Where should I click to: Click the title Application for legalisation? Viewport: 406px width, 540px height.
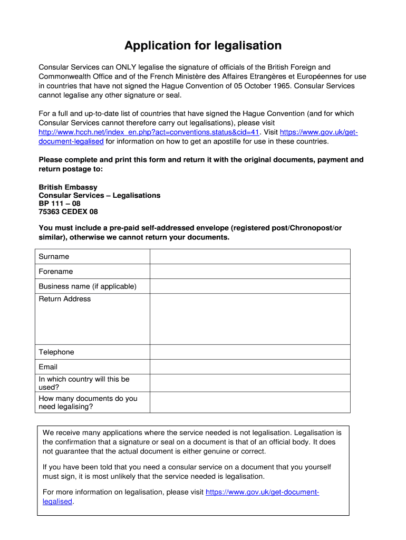(203, 46)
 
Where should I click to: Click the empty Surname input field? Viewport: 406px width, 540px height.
(250, 257)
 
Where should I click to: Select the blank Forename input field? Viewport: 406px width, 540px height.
(250, 272)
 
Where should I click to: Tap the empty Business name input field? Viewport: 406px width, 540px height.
(250, 286)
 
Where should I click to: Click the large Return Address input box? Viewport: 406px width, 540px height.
(250, 319)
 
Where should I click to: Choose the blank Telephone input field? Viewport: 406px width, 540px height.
(250, 352)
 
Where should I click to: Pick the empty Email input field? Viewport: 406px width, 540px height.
(250, 367)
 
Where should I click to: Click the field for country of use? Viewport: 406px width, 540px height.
(250, 383)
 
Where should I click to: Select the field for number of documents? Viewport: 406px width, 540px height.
(250, 402)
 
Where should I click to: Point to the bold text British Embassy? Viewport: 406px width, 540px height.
(68, 187)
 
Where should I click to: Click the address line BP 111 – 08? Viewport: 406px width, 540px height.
(60, 204)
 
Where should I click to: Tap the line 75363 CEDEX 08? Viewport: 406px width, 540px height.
(68, 212)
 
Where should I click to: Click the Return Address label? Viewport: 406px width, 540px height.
(64, 299)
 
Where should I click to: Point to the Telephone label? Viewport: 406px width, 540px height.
(56, 352)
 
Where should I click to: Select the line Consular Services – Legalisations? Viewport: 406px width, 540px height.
(100, 196)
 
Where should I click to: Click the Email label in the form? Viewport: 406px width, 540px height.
(48, 367)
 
